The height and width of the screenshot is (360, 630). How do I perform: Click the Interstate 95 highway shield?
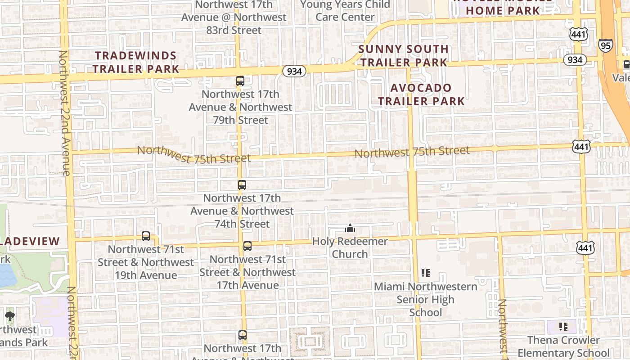pos(605,45)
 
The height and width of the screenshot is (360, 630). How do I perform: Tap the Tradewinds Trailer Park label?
pos(136,62)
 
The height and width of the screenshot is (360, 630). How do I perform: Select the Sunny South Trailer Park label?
pos(404,55)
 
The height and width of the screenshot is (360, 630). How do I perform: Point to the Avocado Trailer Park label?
pos(421,94)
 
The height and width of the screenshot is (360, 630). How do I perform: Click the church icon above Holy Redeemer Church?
pos(350,229)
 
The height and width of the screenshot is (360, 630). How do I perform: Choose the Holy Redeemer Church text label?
pos(350,247)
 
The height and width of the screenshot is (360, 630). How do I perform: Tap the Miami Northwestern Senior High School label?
pos(426,299)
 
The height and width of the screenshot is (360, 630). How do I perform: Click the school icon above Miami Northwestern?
pos(426,273)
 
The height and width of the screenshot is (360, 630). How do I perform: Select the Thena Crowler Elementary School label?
pos(563,346)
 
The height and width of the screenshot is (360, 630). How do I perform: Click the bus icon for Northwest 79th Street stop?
pos(240,81)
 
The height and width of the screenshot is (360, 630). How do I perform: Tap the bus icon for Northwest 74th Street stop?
pos(242,184)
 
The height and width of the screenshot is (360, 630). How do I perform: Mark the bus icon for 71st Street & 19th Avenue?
pos(146,236)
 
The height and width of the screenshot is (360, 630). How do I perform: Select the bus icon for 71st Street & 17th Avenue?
pos(247,246)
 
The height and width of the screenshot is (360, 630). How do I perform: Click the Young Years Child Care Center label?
pos(345,11)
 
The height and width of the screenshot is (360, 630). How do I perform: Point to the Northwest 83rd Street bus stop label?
pos(234,18)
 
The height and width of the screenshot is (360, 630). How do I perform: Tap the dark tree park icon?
pos(9,317)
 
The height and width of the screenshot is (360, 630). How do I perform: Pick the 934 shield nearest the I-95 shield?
pos(575,60)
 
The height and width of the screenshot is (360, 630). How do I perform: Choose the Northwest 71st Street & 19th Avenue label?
pos(146,262)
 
